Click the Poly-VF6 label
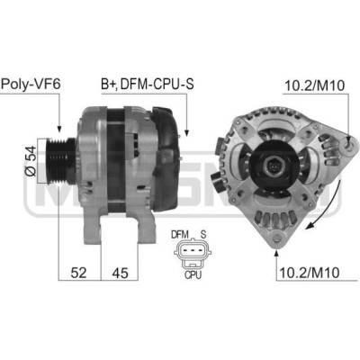coord(31,85)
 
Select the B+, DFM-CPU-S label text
coord(148,85)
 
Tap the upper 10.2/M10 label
coord(315,85)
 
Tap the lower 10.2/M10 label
coord(309,273)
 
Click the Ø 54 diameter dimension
coord(31,161)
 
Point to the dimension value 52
coord(78,273)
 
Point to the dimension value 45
coord(120,273)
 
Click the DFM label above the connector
coord(180,234)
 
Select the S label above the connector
coord(203,234)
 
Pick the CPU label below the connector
coord(193,274)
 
